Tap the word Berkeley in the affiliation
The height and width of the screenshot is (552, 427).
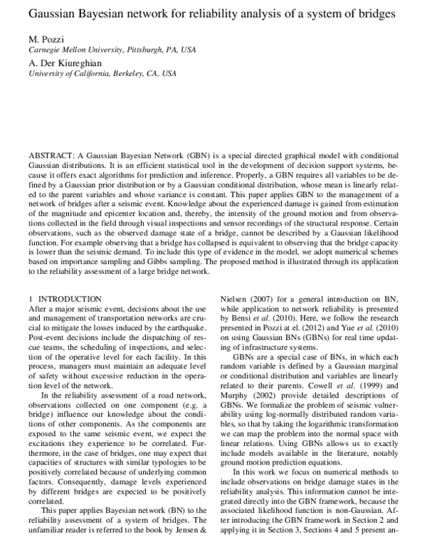[135, 74]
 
